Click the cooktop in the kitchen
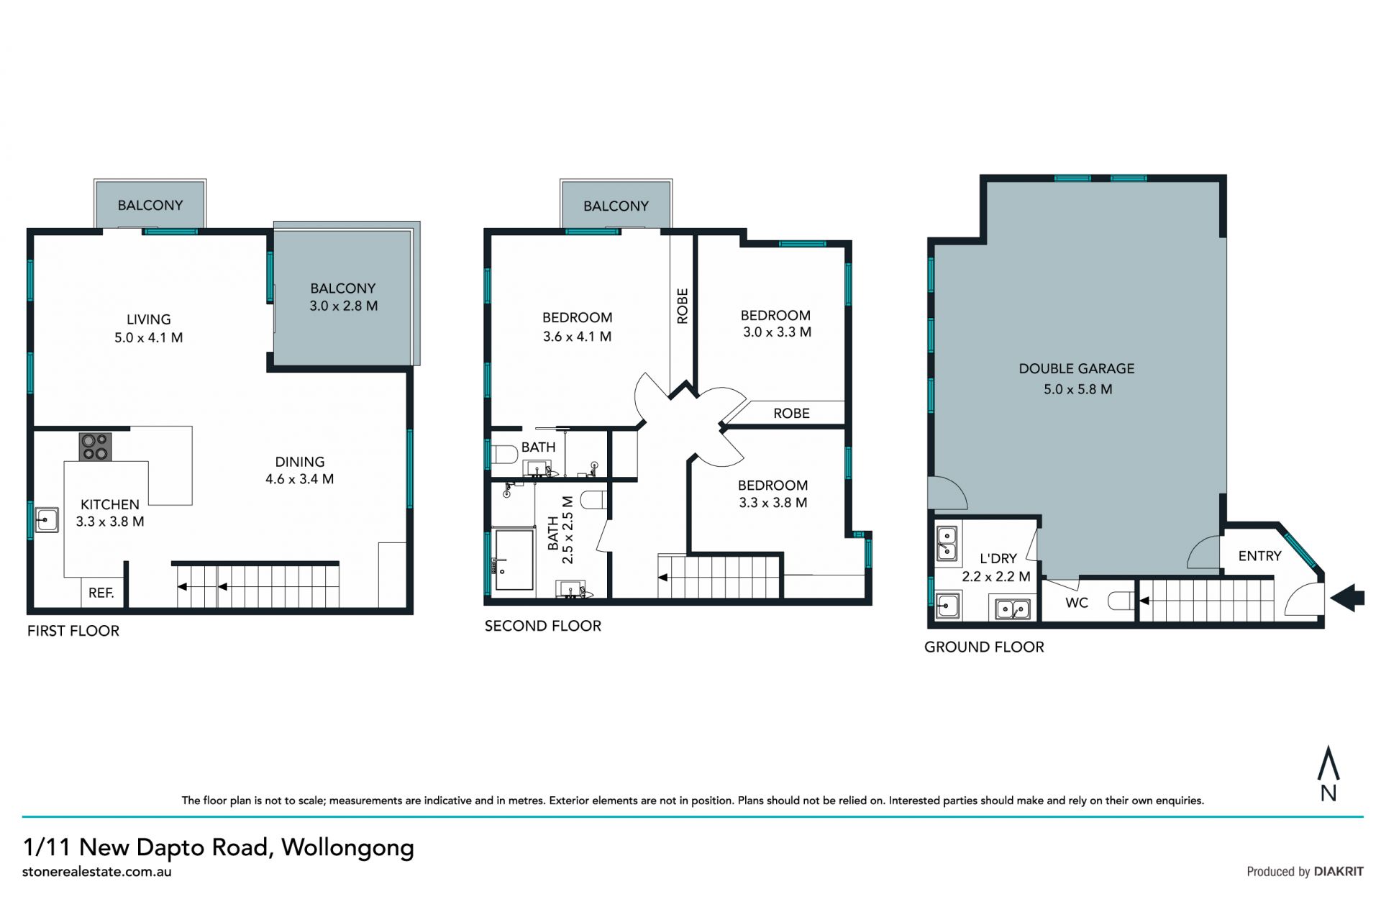click(x=95, y=446)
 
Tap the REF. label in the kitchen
click(x=101, y=593)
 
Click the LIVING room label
click(x=149, y=319)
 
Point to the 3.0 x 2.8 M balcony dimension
click(x=344, y=306)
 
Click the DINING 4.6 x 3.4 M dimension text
click(x=300, y=479)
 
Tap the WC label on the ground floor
click(x=1077, y=603)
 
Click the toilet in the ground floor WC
click(x=1121, y=601)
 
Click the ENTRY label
click(x=1260, y=556)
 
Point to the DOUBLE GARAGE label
click(x=1077, y=369)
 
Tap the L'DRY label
click(x=998, y=558)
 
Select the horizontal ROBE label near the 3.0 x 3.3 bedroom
click(x=792, y=414)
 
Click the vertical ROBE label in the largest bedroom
click(x=683, y=306)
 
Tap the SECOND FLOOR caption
click(x=543, y=626)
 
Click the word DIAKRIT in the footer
click(x=1339, y=871)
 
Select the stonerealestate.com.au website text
click(x=97, y=872)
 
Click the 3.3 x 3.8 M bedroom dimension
click(x=773, y=503)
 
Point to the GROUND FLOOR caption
click(x=984, y=647)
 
